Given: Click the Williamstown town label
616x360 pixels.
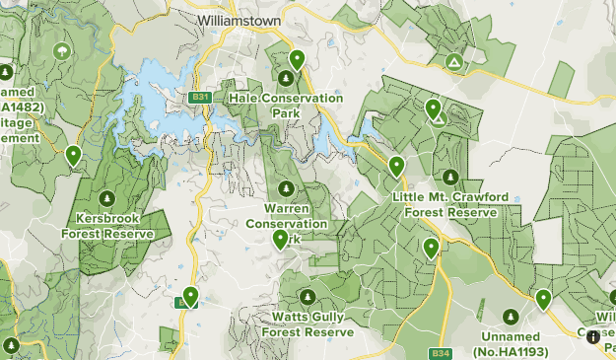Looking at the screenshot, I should tap(240, 20).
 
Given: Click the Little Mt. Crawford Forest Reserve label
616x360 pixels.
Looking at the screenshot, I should tap(450, 204).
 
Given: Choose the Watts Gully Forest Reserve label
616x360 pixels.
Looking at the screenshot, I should tap(307, 324).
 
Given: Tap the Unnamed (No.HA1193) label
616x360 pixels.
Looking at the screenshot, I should tap(511, 344).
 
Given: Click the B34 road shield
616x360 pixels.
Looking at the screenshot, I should tap(440, 353).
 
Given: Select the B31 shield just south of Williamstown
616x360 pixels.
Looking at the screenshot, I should tap(201, 97).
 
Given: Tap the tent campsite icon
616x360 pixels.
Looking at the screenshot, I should tap(453, 63).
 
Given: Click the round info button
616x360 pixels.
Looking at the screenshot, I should tap(592, 336).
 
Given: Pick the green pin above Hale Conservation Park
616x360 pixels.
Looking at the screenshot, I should tap(297, 60).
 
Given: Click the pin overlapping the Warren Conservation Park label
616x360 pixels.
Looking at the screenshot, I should tap(281, 240).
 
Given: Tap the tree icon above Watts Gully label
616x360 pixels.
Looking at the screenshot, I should tap(307, 297).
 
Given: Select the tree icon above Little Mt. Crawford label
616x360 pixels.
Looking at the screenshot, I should tap(450, 178).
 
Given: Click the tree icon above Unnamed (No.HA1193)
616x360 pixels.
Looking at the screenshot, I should tap(511, 317).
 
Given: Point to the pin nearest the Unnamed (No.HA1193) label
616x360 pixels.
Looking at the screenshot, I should tap(542, 299).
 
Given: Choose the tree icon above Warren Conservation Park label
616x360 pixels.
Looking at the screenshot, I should tap(286, 188).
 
